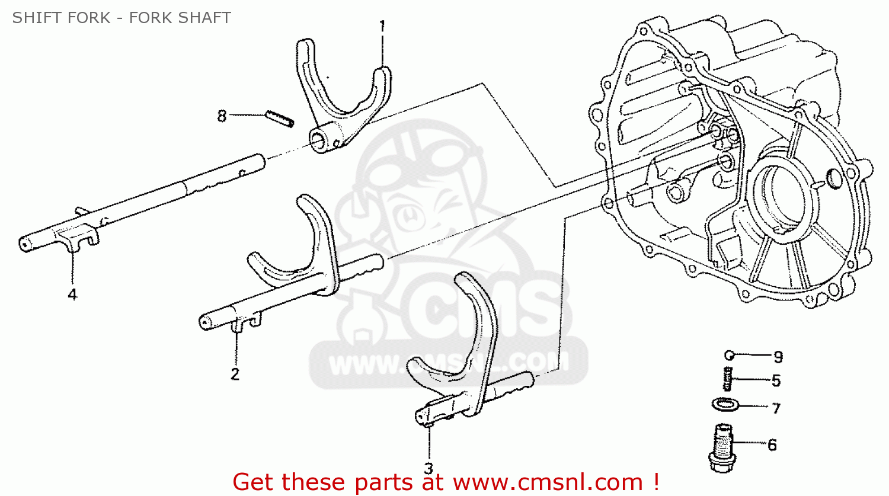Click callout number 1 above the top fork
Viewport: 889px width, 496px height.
pos(382,26)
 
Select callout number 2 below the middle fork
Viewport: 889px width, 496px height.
pos(235,374)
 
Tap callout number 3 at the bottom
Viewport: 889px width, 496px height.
pos(428,468)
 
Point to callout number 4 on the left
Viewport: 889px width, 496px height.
pos(72,294)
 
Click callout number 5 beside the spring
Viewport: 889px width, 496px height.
pos(776,380)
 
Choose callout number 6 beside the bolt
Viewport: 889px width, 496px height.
pos(772,444)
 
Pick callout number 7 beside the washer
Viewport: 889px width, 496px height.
pos(776,408)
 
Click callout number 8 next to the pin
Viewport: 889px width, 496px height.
pos(222,116)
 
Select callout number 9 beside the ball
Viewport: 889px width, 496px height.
pos(778,357)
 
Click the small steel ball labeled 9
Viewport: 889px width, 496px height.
pos(730,356)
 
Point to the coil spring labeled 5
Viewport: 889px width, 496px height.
pos(728,379)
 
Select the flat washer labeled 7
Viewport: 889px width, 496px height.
pos(725,405)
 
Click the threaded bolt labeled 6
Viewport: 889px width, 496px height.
pos(721,447)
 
